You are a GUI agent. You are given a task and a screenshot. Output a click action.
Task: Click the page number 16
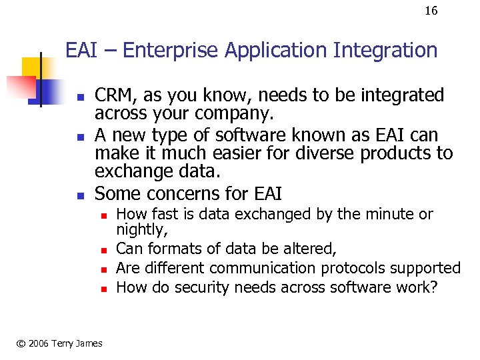431,11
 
